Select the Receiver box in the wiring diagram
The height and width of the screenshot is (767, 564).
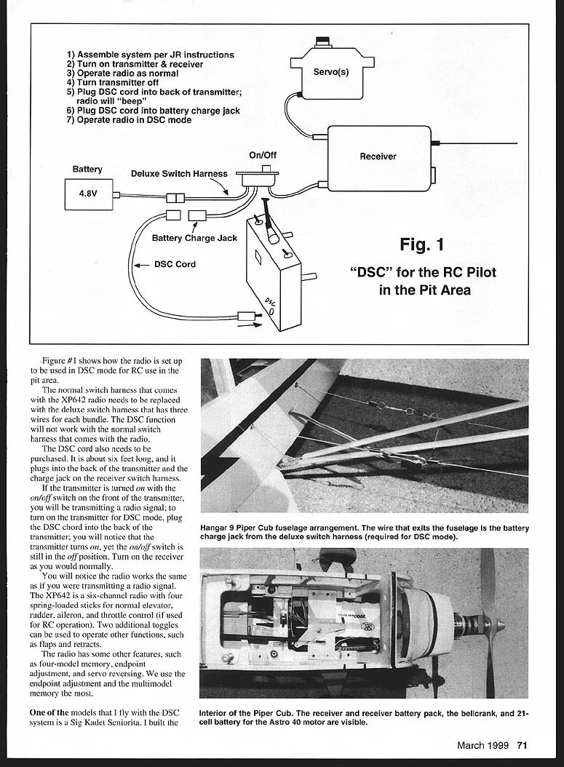[x=378, y=157]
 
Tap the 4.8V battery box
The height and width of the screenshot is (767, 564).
[x=88, y=194]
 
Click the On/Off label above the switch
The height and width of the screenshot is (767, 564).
[x=263, y=155]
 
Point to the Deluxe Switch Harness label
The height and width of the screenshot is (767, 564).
[x=179, y=174]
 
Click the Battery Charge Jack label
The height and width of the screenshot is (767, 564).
[x=194, y=238]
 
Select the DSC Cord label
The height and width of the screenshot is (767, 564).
[x=175, y=264]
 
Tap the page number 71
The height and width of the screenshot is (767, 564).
[x=523, y=744]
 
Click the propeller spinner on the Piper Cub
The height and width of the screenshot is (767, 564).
[x=495, y=624]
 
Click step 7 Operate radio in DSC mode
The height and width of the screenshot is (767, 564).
[x=129, y=120]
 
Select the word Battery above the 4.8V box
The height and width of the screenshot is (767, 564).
[x=87, y=170]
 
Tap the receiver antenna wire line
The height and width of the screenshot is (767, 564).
[x=480, y=143]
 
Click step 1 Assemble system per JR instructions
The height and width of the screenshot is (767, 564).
[x=150, y=55]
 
